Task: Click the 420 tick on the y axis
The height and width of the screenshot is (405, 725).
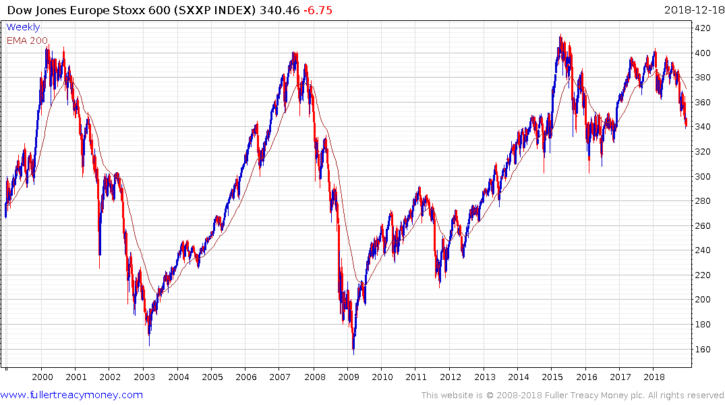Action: [704, 28]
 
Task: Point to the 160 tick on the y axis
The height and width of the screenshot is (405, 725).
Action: [704, 349]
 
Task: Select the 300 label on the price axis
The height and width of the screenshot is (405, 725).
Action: [704, 176]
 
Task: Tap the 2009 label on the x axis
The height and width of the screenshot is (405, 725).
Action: [348, 376]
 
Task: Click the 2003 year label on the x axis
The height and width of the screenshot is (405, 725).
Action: [144, 376]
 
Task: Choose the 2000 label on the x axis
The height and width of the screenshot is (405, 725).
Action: [42, 376]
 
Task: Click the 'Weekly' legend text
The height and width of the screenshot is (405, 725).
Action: [23, 27]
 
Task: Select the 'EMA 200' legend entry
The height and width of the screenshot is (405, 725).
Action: [27, 40]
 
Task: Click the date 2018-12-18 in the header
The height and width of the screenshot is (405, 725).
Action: [692, 10]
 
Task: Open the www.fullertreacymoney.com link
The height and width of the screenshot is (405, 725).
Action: [71, 395]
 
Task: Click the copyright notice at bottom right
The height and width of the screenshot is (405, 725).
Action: [573, 395]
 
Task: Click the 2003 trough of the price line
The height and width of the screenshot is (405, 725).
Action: [149, 345]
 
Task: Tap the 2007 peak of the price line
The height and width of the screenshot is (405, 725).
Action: [295, 52]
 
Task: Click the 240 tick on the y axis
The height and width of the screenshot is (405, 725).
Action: [704, 250]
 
